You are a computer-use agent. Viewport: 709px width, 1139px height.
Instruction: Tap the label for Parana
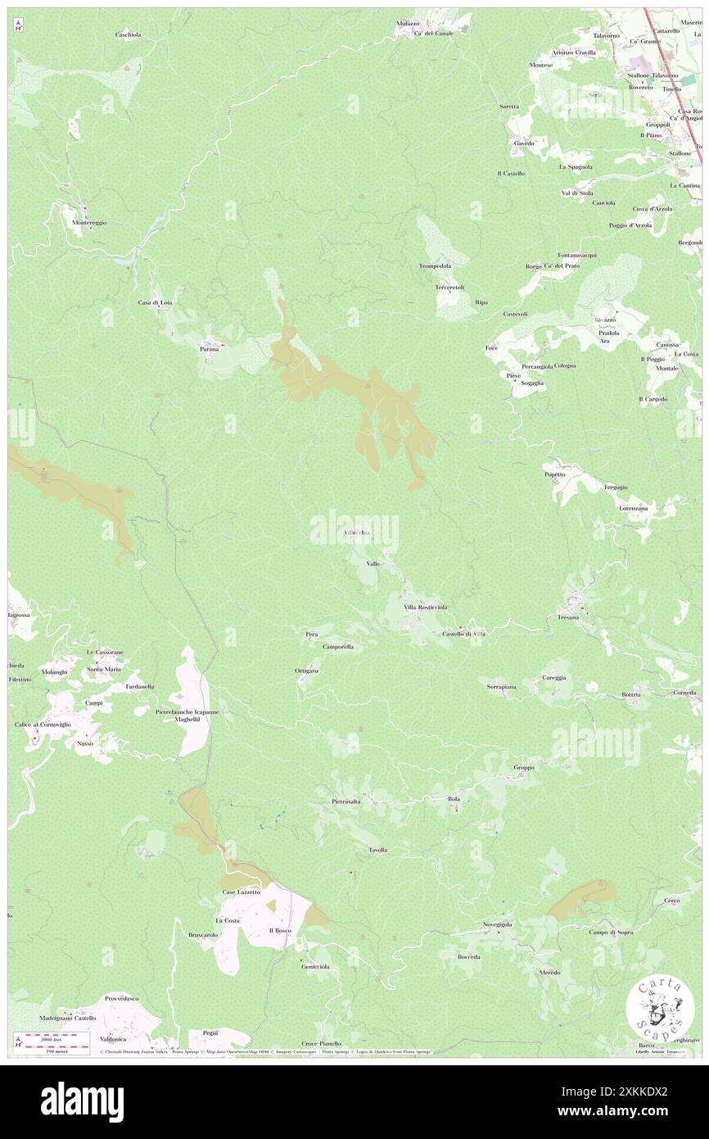tap(210, 349)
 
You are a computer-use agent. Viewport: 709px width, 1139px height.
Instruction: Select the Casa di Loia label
tap(155, 302)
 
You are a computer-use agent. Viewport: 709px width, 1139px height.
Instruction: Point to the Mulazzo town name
tap(407, 24)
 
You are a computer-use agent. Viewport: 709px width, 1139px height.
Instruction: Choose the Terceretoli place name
tap(449, 288)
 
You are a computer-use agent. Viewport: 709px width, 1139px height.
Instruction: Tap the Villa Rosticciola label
tap(425, 607)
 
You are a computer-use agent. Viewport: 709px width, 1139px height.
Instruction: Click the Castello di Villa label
tap(463, 633)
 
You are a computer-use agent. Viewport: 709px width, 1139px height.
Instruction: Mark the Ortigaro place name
tap(306, 670)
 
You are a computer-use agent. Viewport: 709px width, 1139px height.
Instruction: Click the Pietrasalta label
tap(346, 801)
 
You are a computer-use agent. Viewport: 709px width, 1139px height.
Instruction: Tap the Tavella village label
tap(377, 850)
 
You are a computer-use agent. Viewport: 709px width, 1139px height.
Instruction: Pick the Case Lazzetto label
tap(242, 892)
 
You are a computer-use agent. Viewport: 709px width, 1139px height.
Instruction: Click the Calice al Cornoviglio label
tap(43, 724)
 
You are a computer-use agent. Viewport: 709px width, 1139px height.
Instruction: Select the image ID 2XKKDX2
tap(651, 1091)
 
